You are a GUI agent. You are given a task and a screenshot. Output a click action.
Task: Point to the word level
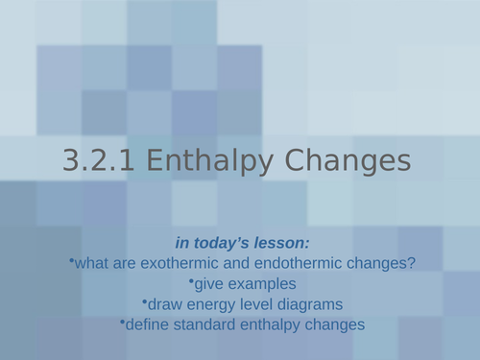click(252, 304)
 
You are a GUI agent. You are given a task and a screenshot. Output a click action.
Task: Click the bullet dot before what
click(71, 259)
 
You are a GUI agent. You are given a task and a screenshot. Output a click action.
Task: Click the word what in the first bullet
click(91, 262)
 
